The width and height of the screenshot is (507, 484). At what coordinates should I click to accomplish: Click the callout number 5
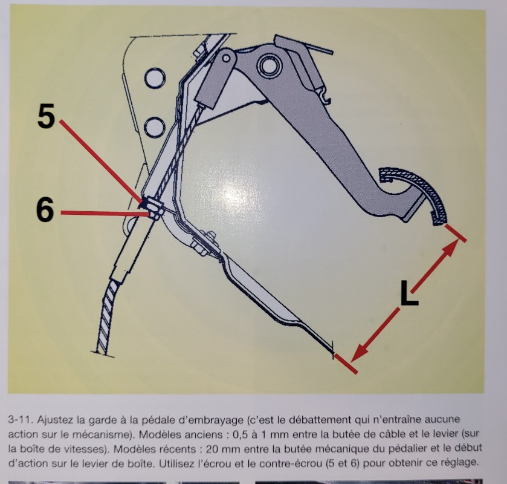(46, 116)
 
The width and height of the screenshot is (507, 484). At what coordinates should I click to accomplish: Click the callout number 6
(45, 210)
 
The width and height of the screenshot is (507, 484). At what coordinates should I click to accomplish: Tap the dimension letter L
(409, 293)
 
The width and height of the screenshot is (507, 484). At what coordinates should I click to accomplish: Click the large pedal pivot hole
(268, 66)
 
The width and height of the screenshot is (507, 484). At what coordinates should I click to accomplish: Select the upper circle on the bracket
(155, 78)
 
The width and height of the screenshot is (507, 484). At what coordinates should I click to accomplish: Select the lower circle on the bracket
(155, 128)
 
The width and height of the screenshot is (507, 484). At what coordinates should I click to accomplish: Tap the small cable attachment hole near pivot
(227, 58)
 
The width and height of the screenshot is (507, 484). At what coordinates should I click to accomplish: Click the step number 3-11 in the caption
(21, 420)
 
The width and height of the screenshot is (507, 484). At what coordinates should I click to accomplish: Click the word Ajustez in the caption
(55, 420)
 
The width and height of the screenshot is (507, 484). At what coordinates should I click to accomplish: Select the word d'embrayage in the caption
(213, 420)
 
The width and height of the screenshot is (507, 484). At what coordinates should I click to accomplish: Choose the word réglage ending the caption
(458, 462)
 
